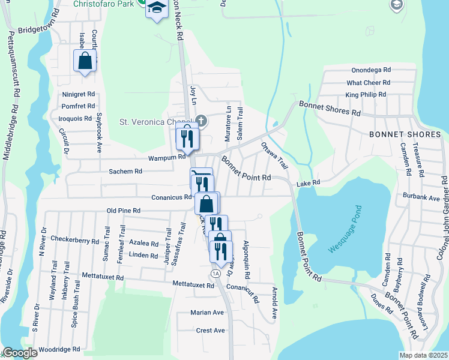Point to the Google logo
click(20, 353)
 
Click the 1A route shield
click(216, 273)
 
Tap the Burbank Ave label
click(423, 197)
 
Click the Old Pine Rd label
click(123, 211)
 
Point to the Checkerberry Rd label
click(74, 240)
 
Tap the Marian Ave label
click(206, 313)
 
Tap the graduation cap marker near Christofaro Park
click(157, 9)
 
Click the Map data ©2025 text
click(424, 355)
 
